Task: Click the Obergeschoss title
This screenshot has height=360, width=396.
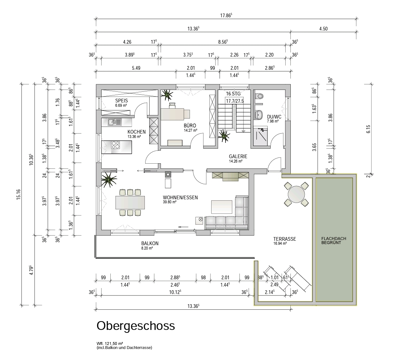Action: [136, 326]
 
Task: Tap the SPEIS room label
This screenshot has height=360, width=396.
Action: [121, 101]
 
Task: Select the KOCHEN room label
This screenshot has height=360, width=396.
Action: [136, 132]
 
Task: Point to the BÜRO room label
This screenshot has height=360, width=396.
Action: [190, 126]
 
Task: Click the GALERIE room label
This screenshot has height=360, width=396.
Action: [238, 156]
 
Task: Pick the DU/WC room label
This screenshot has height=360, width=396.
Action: [274, 117]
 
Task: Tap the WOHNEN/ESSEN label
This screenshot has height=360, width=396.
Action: [180, 197]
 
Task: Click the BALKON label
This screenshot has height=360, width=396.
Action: [150, 243]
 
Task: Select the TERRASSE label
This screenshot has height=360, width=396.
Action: [285, 239]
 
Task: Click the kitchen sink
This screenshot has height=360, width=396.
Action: [115, 122]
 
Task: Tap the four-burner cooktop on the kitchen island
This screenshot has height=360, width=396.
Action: [115, 145]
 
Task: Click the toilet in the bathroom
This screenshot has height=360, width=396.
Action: [259, 96]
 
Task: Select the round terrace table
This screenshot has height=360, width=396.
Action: [296, 194]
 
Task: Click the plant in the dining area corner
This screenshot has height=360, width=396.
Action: [109, 180]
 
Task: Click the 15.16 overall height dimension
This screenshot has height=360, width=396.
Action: [18, 194]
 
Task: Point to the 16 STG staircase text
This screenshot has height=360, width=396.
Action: [233, 94]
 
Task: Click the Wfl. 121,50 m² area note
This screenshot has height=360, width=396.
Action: [110, 343]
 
